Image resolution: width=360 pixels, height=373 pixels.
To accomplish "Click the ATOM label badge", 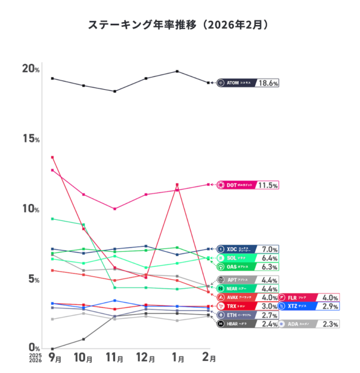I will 237,83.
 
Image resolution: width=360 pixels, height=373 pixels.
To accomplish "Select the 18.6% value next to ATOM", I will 268,83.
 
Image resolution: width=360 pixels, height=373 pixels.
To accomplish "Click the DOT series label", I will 237,185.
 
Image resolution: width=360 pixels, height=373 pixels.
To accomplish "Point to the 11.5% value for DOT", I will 268,185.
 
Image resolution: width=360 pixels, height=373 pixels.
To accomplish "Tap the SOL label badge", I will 237,258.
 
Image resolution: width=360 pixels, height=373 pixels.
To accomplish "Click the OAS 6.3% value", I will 269,266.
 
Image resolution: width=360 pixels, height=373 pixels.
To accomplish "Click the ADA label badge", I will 298,323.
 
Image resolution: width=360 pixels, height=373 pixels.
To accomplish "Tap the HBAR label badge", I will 237,323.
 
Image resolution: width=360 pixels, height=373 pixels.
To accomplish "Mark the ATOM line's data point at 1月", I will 177,71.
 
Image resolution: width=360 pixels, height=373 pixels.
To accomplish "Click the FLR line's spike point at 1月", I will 177,185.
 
